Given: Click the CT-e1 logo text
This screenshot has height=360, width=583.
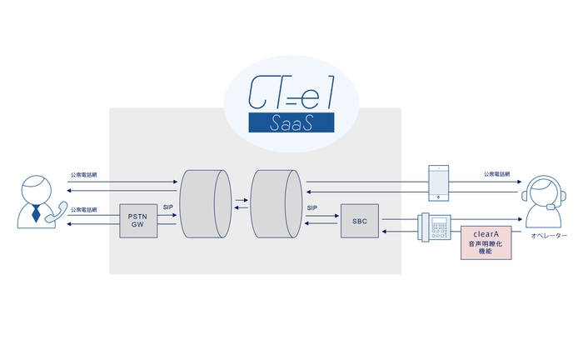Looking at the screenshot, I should click(291, 94).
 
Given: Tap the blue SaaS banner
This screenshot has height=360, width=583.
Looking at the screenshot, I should click(291, 123).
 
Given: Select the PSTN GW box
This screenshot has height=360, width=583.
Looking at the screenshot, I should click(138, 219).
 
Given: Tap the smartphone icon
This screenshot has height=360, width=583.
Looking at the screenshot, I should click(437, 181).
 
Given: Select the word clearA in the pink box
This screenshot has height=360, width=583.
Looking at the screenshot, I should click(486, 235).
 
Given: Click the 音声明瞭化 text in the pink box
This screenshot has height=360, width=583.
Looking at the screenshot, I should click(486, 245).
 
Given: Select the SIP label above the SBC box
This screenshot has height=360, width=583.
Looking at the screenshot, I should click(312, 207).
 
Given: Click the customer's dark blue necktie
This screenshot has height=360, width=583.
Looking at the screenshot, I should click(36, 212).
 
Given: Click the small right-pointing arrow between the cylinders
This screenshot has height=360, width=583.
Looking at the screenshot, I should click(240, 200).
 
